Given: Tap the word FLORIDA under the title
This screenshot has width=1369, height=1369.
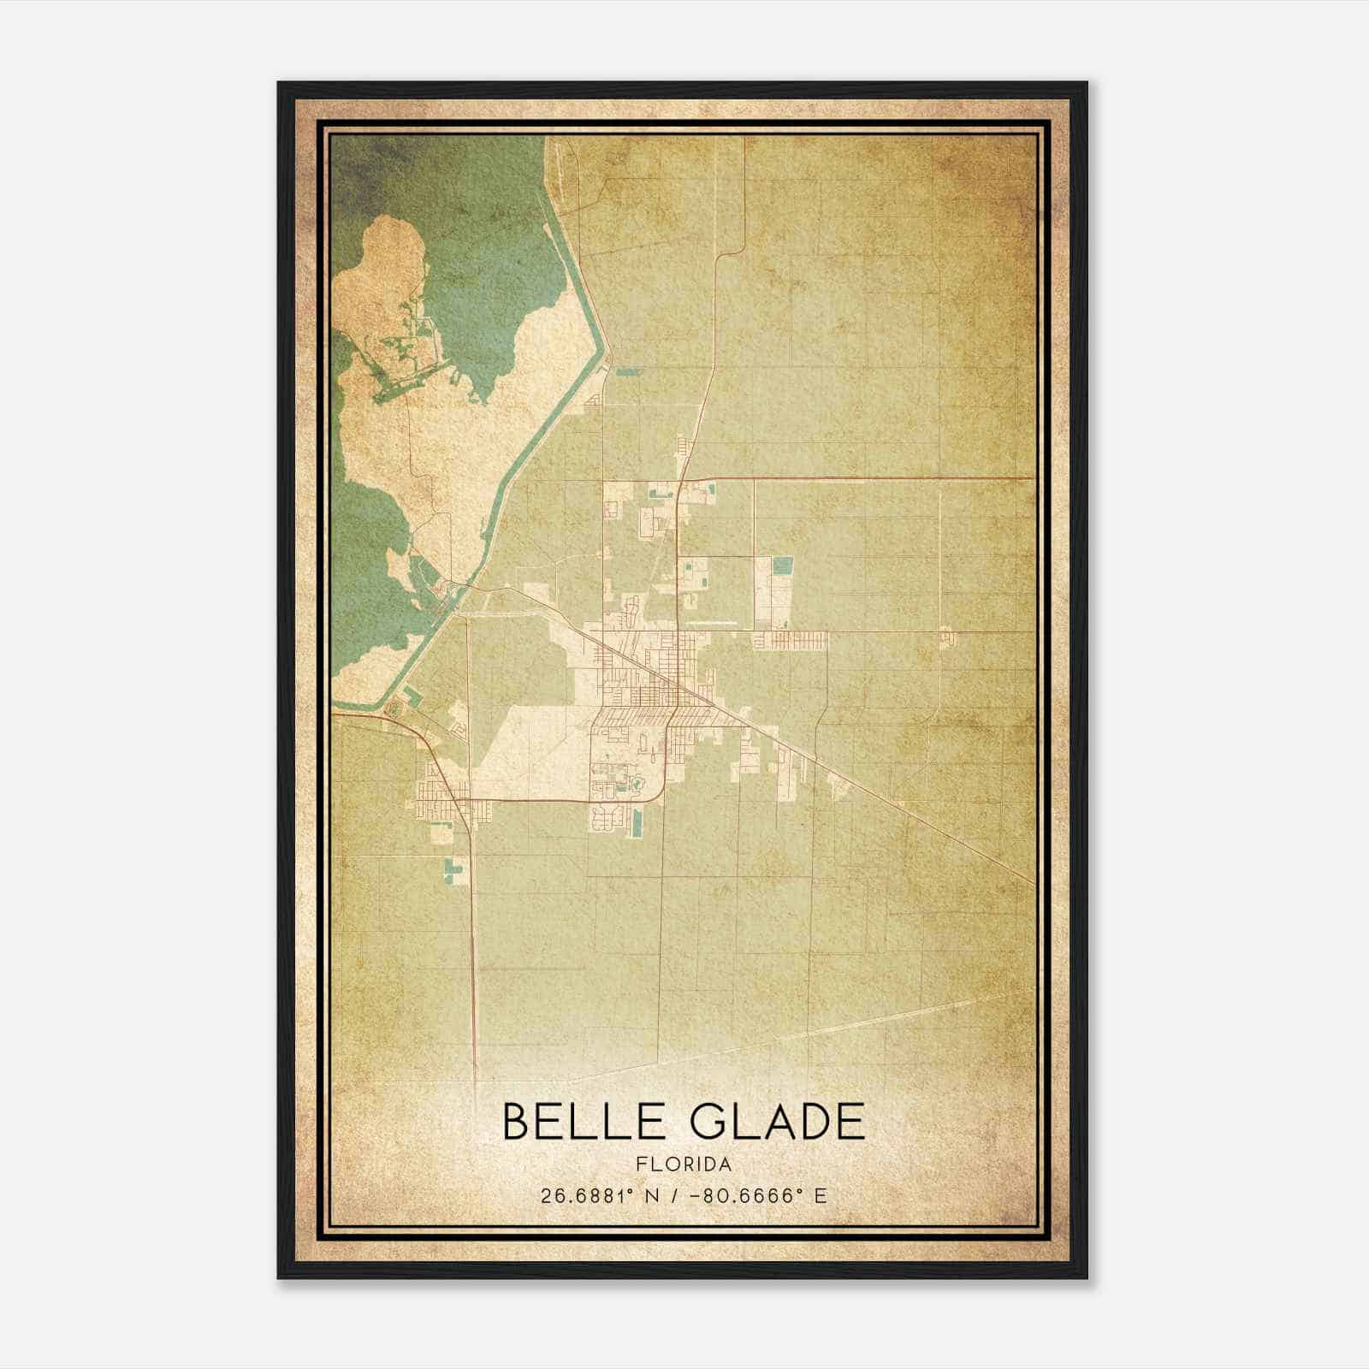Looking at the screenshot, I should click(x=684, y=1165).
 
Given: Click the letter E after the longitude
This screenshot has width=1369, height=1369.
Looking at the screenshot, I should click(x=821, y=1195).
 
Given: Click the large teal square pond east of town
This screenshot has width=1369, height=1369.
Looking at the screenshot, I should click(x=782, y=565).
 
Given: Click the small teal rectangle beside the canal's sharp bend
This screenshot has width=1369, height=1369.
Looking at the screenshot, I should click(x=628, y=372).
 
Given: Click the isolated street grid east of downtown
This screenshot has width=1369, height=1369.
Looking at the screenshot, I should click(x=791, y=639).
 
